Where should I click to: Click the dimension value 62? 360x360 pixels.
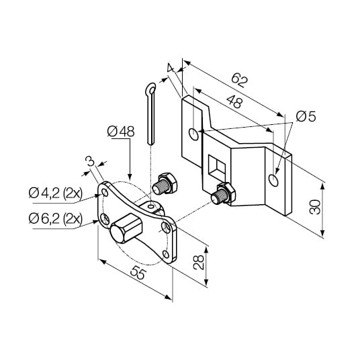[239, 80]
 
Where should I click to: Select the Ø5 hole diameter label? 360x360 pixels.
[306, 117]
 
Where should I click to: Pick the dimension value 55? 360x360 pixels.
[138, 273]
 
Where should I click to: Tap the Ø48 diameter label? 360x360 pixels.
[122, 130]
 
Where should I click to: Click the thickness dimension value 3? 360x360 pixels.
[89, 161]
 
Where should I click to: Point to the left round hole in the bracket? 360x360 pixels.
[194, 134]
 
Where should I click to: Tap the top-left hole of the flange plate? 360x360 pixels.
[104, 193]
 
